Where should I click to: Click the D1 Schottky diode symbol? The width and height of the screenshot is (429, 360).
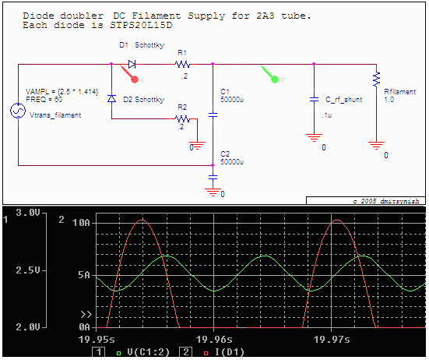[x=132, y=64]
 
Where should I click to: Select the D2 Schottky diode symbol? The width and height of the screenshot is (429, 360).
[x=111, y=99]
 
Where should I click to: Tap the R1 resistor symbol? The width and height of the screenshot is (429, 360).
[x=182, y=64]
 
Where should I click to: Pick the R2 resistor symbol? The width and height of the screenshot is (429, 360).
[x=182, y=119]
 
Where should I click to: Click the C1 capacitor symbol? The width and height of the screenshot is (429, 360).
[x=213, y=115]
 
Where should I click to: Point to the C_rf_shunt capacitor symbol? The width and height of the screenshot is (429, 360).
[x=314, y=100]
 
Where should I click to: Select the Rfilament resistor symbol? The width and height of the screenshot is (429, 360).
[x=376, y=79]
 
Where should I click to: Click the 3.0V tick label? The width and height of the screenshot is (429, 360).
[x=27, y=213]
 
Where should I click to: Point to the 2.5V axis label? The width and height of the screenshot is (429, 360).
[x=27, y=270]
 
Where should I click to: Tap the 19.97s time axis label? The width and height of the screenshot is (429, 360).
[x=332, y=339]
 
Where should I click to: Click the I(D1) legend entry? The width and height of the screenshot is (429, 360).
[x=221, y=353]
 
